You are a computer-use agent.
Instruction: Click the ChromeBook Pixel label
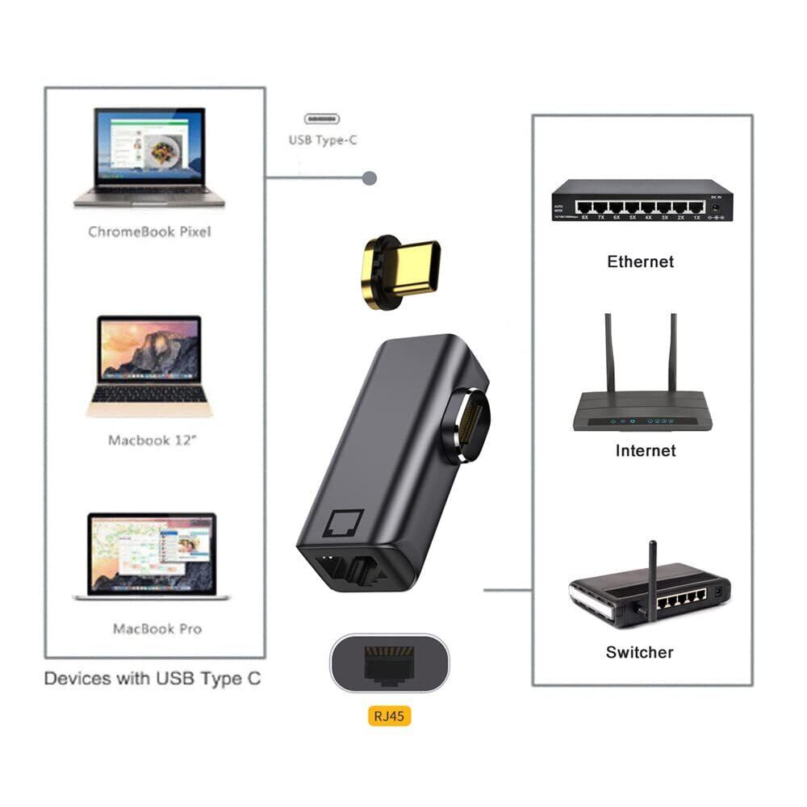click(x=149, y=232)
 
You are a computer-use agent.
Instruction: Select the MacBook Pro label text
click(x=157, y=629)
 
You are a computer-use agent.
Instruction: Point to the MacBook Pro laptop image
click(x=152, y=555)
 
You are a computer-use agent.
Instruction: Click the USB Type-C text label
click(x=323, y=140)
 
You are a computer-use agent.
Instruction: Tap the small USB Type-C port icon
click(x=322, y=118)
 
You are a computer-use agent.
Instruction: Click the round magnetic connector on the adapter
click(x=466, y=424)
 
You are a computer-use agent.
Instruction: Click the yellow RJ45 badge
click(x=389, y=715)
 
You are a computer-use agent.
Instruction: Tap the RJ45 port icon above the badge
click(x=388, y=663)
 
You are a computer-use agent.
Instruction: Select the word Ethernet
click(x=640, y=261)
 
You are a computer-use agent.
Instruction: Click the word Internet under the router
click(x=645, y=450)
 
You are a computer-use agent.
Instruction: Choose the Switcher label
click(x=639, y=652)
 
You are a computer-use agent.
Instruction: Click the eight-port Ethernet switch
click(x=642, y=200)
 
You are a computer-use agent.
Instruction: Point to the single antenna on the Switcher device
click(x=652, y=577)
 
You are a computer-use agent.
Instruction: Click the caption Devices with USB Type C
click(x=153, y=678)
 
